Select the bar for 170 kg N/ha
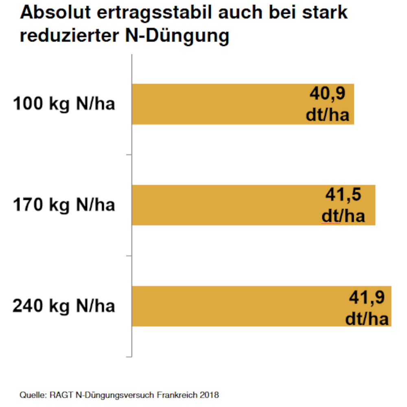click(224, 205)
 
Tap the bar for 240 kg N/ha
click(236, 306)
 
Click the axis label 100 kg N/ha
click(64, 104)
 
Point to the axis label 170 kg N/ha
click(64, 205)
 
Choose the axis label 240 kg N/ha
click(64, 306)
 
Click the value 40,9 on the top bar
click(327, 94)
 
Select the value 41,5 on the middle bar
click(343, 195)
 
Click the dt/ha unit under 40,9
click(328, 115)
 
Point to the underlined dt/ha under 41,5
click(343, 216)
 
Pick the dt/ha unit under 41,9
click(367, 319)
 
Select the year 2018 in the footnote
click(210, 395)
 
